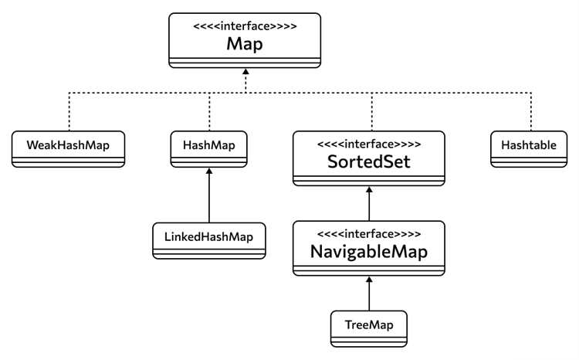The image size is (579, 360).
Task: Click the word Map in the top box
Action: [245, 44]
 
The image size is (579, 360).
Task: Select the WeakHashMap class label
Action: [68, 145]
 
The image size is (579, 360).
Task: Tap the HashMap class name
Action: [209, 145]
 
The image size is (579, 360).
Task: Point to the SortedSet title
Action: [368, 161]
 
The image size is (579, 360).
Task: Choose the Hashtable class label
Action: [529, 145]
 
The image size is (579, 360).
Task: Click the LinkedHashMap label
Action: [208, 236]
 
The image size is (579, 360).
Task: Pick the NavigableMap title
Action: [369, 252]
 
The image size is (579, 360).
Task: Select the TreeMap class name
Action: [369, 325]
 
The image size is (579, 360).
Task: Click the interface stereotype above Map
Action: [245, 26]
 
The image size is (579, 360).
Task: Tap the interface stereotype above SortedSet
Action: [369, 144]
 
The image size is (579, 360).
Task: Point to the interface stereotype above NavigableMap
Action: [369, 233]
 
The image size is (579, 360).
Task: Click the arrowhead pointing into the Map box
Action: [245, 71]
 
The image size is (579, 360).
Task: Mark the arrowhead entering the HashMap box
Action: [209, 172]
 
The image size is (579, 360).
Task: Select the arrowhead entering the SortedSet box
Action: [369, 189]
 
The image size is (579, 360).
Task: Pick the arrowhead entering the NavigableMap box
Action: [369, 280]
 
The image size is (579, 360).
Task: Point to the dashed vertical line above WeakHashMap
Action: [69, 111]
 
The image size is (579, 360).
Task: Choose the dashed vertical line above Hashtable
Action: [531, 111]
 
